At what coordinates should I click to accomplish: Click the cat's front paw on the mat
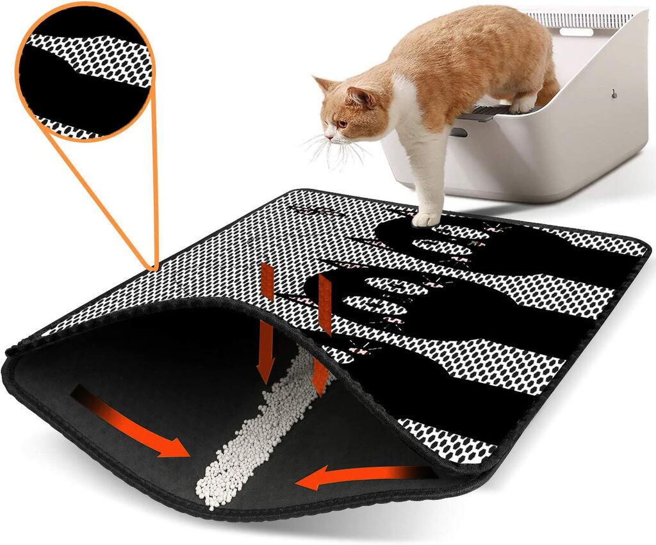click(425, 219)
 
